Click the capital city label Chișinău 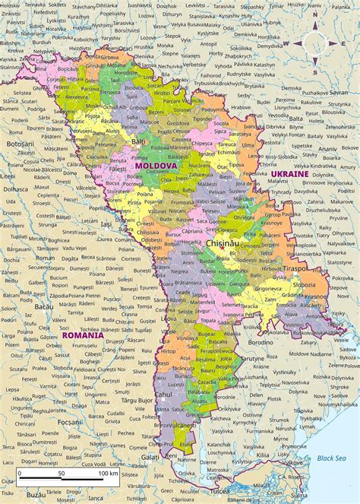pos(225,243)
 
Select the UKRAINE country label pos(289,174)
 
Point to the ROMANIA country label pos(83,334)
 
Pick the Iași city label pos(106,225)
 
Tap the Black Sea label pos(331,458)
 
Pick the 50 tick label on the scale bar pos(61,474)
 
